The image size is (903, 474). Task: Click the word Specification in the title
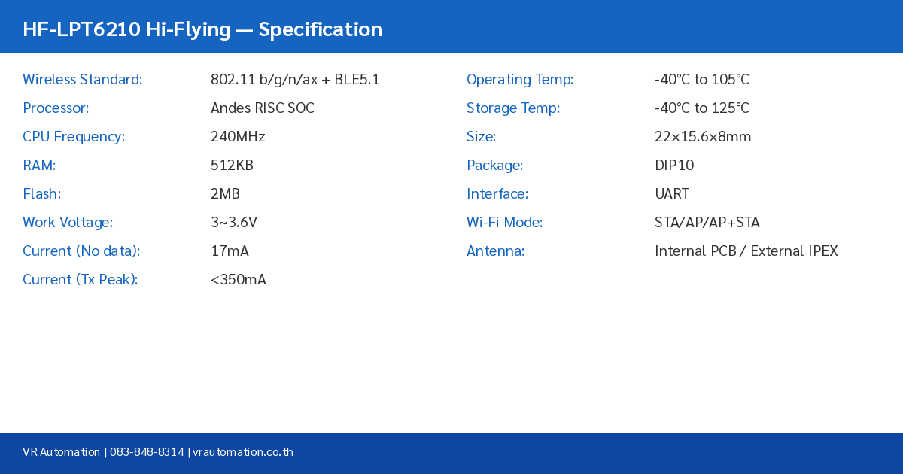[320, 29]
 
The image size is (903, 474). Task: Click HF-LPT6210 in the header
[81, 29]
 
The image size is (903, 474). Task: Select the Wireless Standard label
[82, 80]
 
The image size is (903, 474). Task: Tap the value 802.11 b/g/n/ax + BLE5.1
[295, 80]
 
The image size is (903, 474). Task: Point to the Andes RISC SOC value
[262, 108]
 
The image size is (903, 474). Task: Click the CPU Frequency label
[74, 137]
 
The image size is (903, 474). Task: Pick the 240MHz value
[238, 137]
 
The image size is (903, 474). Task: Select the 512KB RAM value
[232, 166]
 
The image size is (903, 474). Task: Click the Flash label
[41, 194]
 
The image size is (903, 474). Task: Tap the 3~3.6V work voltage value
[234, 223]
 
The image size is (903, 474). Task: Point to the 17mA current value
[230, 251]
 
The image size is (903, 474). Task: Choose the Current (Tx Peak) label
[80, 280]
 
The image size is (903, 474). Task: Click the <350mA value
[238, 280]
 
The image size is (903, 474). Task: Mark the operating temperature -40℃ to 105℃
[701, 80]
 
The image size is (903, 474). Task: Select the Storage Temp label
[513, 108]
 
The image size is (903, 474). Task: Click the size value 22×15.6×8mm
[703, 137]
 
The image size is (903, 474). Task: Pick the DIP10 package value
[674, 166]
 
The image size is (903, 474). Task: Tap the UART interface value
[672, 194]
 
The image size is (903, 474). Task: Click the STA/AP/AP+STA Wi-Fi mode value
[707, 223]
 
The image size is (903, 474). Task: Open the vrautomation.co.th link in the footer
[243, 452]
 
